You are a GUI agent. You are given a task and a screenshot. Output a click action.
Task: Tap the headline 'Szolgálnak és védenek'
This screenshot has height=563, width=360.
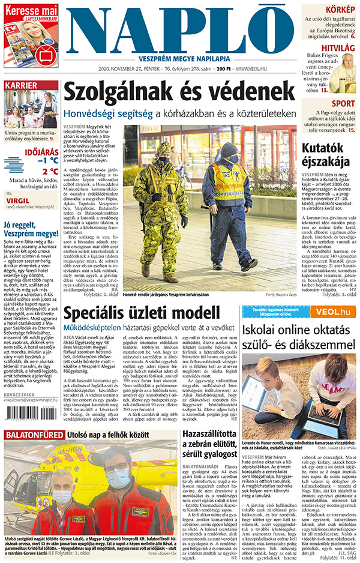(x=180, y=93)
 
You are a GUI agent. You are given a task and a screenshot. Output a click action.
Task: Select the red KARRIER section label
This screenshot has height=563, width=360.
(x=22, y=85)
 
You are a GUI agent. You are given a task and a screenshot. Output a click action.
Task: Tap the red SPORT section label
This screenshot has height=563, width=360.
(x=343, y=103)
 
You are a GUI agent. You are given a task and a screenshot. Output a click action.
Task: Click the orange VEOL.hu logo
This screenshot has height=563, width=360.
(x=338, y=311)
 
